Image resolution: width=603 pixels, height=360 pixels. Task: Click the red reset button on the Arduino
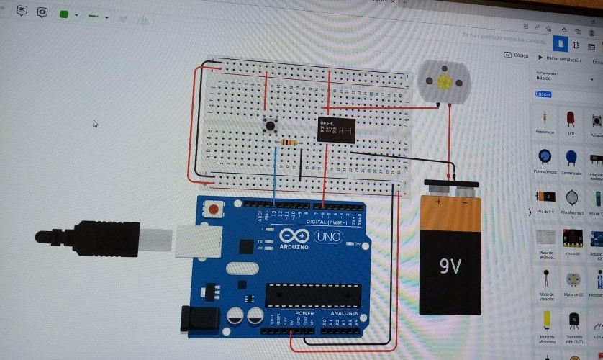point(214,209)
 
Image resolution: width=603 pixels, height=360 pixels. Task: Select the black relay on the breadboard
point(336,130)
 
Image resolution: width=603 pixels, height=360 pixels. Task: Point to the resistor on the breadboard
point(289,143)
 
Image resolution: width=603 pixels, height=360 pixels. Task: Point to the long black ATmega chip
point(313,295)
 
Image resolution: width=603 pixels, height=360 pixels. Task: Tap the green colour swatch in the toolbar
point(63,14)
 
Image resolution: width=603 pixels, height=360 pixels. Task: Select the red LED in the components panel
point(571,119)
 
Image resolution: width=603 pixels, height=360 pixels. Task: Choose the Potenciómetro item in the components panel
point(545,159)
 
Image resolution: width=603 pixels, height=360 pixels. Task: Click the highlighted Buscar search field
point(543,94)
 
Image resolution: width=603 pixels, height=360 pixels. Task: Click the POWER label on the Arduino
point(304,314)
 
